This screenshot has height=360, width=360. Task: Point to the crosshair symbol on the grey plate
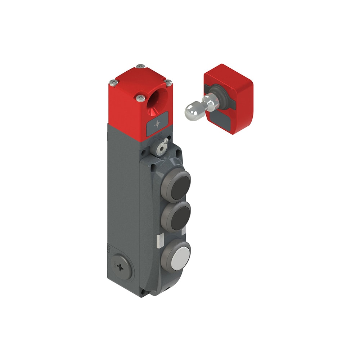coord(158,124)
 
